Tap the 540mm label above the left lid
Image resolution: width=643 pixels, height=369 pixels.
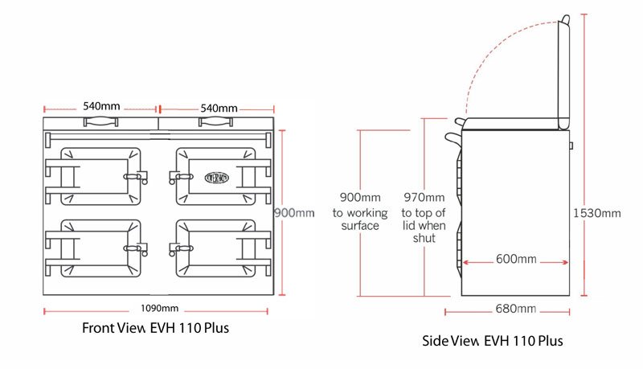(100, 108)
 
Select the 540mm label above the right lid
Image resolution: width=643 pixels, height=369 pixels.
(218, 108)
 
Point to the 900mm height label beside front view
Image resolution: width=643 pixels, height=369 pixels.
(294, 212)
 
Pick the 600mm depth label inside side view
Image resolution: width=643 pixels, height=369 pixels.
(515, 259)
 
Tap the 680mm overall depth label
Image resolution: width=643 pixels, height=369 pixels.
(516, 309)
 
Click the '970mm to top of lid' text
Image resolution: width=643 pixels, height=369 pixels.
(423, 218)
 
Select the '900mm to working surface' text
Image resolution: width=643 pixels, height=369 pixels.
(359, 211)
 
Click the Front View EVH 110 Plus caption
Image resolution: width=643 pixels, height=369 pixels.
(160, 328)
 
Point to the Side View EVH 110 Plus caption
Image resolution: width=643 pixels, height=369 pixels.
(493, 341)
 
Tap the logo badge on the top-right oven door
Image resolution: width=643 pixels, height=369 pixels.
(219, 174)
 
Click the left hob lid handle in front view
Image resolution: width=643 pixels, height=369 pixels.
(100, 121)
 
